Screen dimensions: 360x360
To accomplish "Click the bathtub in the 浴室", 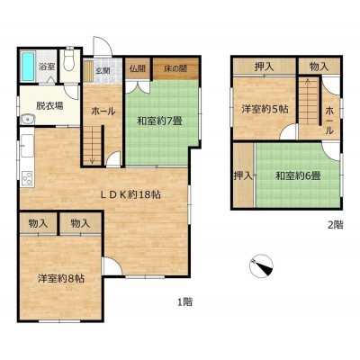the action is (28, 66).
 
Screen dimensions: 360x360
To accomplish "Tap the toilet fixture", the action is (69, 59).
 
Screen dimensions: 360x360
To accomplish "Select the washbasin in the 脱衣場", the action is (28, 120).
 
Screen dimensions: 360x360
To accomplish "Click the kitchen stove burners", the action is (27, 177).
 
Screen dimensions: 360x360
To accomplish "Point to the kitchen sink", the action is (27, 146).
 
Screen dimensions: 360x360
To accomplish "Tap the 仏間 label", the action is (138, 68).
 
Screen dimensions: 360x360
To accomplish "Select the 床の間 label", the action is (175, 68).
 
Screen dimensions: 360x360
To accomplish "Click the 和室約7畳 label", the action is (159, 121).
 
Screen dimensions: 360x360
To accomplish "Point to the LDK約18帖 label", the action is (130, 195).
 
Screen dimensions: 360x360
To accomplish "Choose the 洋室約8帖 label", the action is (61, 279).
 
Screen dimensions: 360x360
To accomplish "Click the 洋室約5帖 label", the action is (265, 109).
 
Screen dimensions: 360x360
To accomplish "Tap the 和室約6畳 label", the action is (298, 175).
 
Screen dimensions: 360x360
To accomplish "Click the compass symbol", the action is (261, 265).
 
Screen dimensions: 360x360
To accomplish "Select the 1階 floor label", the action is (184, 301).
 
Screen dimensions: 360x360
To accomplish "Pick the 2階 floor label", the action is (335, 225).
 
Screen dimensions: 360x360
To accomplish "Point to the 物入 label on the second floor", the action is (319, 67).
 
